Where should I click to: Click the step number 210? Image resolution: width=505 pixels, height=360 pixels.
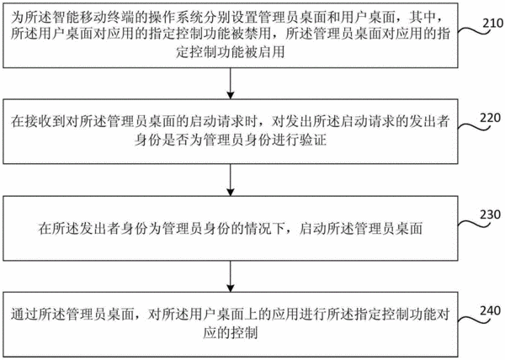[492, 23]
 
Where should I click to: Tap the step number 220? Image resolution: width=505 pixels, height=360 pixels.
[490, 118]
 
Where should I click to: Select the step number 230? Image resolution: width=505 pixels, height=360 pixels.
[490, 214]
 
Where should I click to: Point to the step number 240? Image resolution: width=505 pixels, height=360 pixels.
[490, 310]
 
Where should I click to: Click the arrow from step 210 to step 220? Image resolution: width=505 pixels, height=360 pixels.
[231, 83]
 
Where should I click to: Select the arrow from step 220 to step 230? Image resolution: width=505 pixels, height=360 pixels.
[231, 180]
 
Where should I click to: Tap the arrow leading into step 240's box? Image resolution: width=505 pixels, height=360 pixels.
[231, 276]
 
